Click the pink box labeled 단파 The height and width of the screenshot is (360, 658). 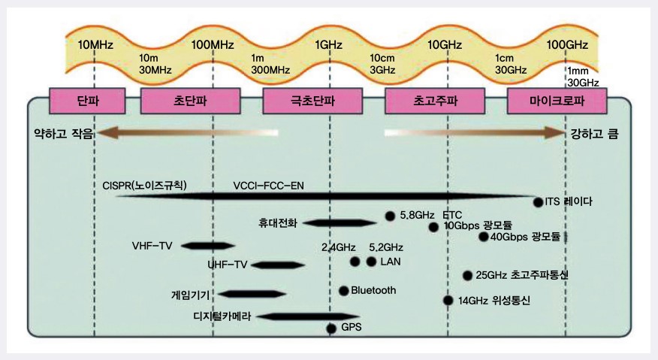pos(88,100)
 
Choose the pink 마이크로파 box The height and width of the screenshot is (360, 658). pos(557,100)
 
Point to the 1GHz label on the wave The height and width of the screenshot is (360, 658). pos(329,44)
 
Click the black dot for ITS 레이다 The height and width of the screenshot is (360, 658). pos(538,201)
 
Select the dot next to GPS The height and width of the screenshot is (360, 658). pos(331,328)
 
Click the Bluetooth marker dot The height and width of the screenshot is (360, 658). pos(344,290)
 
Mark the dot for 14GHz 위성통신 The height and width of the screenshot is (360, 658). pos(448,300)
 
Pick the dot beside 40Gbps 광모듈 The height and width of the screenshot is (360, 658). pos(483,237)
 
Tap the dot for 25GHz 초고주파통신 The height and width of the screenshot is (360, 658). pos(467,275)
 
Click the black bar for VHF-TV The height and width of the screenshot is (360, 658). pos(207,245)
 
